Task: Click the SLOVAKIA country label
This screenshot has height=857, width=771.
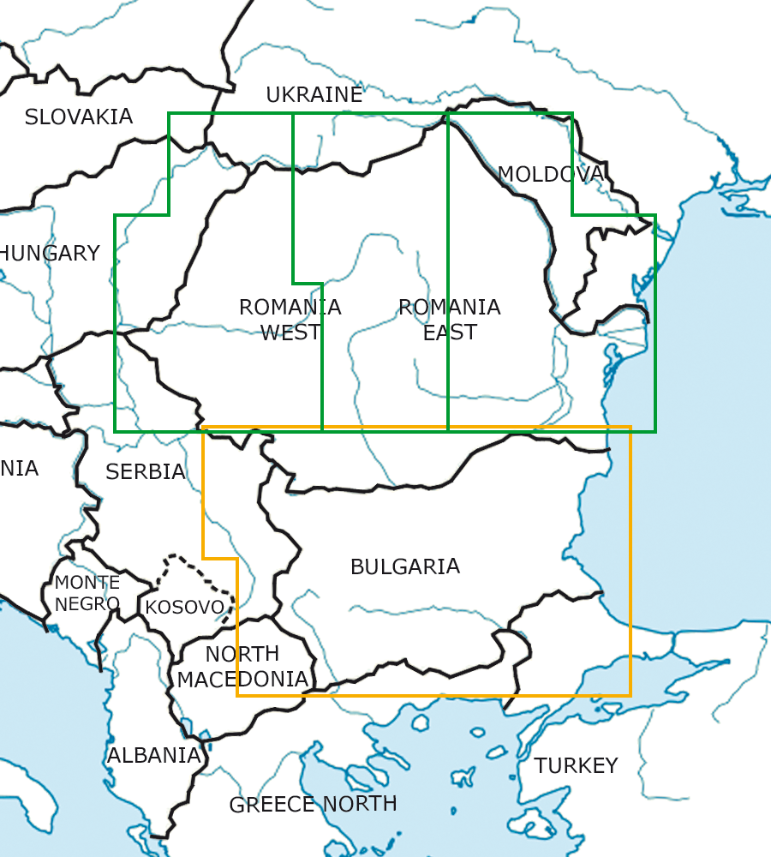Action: pos(79,117)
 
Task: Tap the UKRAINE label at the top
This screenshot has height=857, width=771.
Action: pos(314,95)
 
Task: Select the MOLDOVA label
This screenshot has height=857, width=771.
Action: pos(551,174)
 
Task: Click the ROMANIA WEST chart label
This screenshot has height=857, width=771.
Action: pos(290,320)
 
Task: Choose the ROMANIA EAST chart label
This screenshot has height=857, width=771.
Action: pos(450,320)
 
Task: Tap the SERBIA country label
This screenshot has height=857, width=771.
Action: pos(146,471)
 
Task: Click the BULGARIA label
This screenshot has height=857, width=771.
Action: pos(405,566)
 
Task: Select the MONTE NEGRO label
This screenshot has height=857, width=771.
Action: pos(87,593)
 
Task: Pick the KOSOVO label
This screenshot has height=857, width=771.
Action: pos(185,608)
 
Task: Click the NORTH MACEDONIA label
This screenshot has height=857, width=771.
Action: pos(242,667)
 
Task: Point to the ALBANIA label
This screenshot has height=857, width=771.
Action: pos(154,756)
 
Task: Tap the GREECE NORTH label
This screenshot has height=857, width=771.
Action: pos(313,804)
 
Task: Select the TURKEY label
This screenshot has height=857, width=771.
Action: pos(577,765)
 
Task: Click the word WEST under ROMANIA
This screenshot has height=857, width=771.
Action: pos(290,333)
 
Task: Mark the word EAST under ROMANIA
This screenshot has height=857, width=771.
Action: pos(450,333)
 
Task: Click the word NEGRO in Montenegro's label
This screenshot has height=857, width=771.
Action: pos(87,603)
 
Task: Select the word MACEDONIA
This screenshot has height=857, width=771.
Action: pos(242,680)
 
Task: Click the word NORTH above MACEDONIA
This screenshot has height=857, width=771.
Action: pos(242,654)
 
